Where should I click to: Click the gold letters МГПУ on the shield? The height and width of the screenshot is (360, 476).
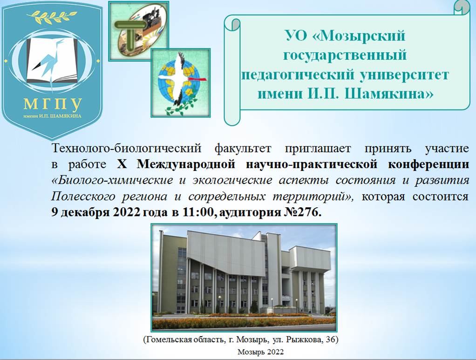click(53, 104)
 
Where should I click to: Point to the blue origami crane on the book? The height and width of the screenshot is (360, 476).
click(49, 58)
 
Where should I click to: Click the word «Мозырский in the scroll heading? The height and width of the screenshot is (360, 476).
click(359, 36)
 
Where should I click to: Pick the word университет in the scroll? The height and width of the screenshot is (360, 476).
click(404, 75)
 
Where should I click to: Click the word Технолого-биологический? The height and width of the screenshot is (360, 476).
click(127, 149)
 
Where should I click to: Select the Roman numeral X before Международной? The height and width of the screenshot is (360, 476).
click(122, 164)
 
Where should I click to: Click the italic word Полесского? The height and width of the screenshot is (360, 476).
click(83, 197)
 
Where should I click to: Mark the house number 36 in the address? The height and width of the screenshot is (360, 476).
click(330, 340)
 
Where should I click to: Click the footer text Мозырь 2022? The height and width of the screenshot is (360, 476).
click(260, 352)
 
